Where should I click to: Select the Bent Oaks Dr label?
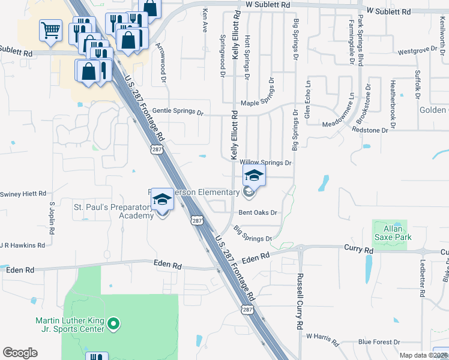point(258,212)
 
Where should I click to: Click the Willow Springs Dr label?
point(265,163)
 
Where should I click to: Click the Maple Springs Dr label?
point(261,103)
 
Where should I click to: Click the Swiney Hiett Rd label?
point(23,194)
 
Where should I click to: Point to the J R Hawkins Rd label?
point(22,245)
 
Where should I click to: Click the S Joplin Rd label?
point(52,215)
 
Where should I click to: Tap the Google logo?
point(20,353)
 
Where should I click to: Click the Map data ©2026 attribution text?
point(424,356)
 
